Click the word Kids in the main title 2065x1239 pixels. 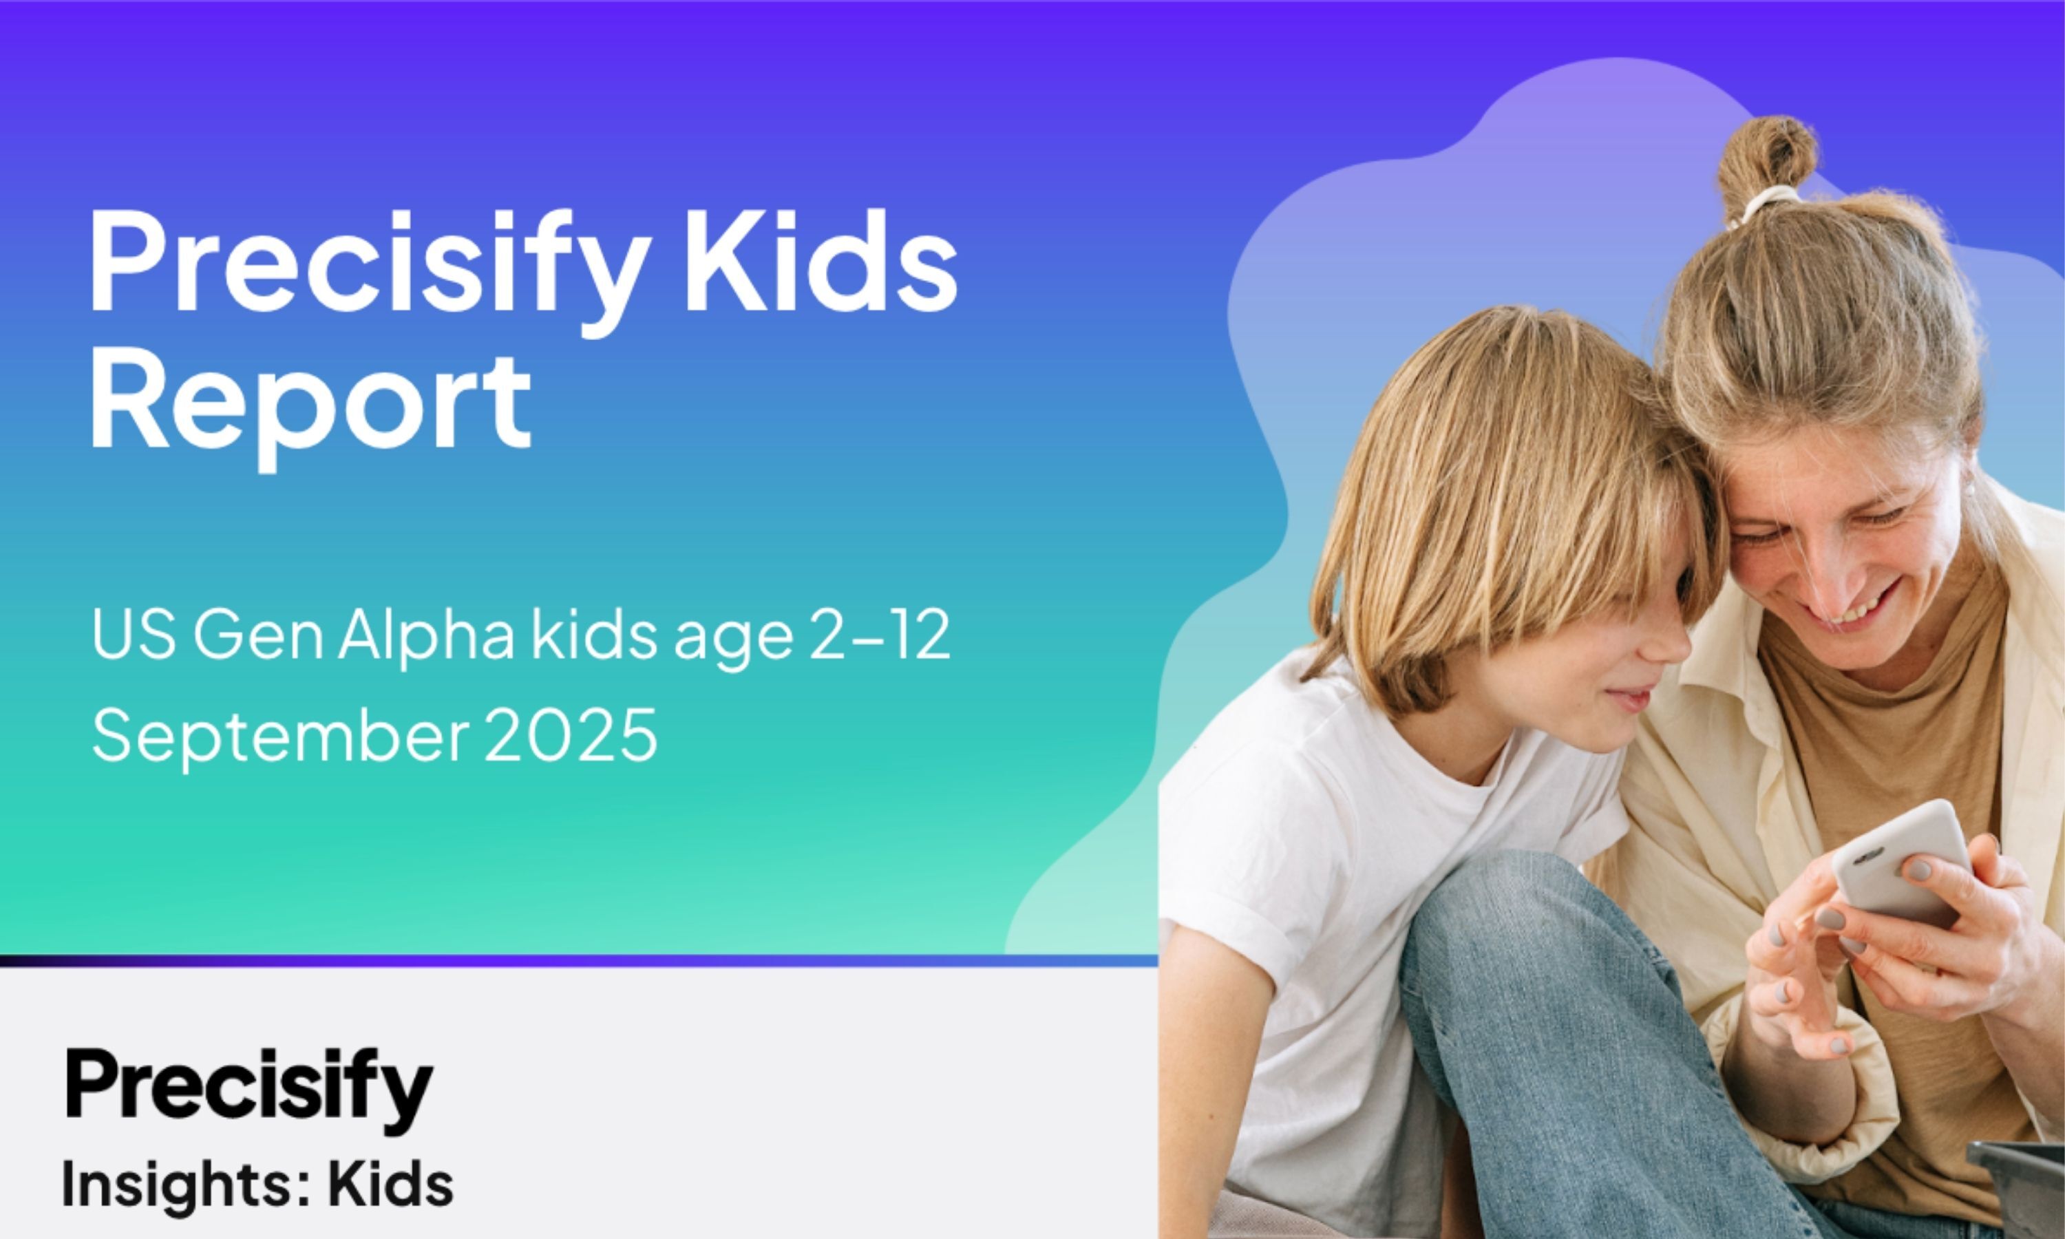pyautogui.click(x=821, y=260)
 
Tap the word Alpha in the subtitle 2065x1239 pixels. pyautogui.click(x=427, y=639)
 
